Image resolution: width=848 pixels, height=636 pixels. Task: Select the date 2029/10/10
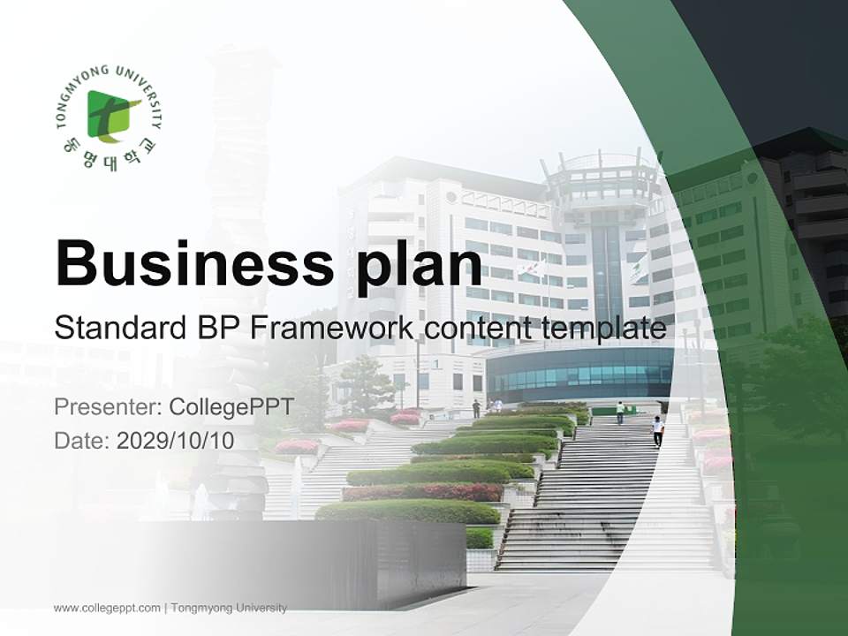(176, 441)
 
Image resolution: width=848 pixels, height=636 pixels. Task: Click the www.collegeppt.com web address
(107, 608)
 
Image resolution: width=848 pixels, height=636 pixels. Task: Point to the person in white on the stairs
(657, 431)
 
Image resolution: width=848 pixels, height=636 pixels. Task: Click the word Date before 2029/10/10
(81, 441)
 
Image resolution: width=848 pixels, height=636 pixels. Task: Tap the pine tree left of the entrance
(364, 382)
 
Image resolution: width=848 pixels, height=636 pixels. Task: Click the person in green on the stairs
(620, 412)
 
